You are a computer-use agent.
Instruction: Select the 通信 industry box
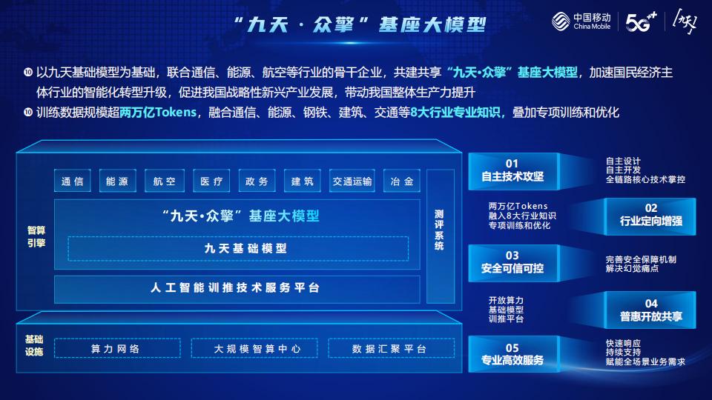coord(72,181)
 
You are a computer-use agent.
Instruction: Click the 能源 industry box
coord(117,181)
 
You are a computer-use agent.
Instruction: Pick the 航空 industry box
coord(164,181)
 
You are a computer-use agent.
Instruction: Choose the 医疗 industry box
coord(211,181)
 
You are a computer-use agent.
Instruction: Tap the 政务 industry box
coord(257,181)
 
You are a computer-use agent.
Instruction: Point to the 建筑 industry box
coord(303,181)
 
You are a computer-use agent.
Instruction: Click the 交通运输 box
coord(352,181)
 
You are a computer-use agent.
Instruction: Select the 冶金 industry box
coord(401,181)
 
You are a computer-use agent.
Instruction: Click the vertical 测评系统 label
coord(439,230)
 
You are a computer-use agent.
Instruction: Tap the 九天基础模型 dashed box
coord(238,249)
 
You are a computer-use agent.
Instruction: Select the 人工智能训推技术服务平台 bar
coord(237,287)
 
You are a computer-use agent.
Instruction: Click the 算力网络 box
coord(115,348)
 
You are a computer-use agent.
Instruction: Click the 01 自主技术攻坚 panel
coord(512,170)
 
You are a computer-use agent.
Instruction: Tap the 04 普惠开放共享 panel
coord(650,310)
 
